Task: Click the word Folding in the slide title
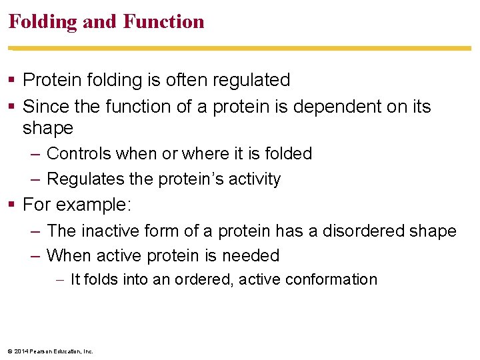[42, 22]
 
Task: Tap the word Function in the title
[163, 22]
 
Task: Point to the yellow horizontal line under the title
[240, 48]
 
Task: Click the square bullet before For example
[13, 205]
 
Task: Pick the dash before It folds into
[61, 280]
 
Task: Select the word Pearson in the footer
[41, 351]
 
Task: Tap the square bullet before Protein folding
[13, 81]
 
